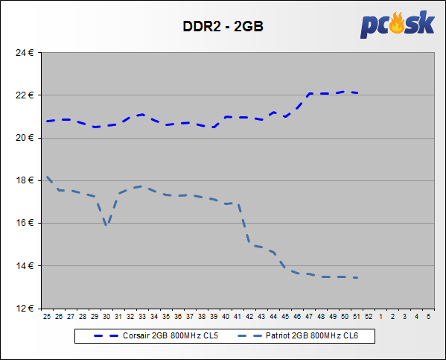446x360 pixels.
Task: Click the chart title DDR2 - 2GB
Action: point(223,26)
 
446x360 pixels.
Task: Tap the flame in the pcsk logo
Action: point(397,22)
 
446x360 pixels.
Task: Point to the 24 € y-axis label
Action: point(25,53)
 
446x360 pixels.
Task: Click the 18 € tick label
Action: point(25,180)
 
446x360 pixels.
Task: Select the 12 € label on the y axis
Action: point(25,308)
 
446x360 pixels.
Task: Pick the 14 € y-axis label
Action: point(25,266)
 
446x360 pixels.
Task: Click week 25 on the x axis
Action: point(47,317)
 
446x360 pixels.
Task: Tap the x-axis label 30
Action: point(106,317)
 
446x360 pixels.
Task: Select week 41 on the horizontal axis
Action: point(238,317)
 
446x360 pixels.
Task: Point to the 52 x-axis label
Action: point(369,317)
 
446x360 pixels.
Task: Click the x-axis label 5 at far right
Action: point(428,317)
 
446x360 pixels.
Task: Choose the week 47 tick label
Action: point(309,317)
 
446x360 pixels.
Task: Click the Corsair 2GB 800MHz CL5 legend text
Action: point(171,336)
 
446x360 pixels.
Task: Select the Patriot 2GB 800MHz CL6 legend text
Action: point(312,336)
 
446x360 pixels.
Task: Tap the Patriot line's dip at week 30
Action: point(106,224)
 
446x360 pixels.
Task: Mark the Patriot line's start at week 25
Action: point(47,177)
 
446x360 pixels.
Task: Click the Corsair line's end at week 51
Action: point(357,92)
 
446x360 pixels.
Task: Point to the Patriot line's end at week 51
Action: point(357,278)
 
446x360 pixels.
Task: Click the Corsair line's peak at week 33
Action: point(142,115)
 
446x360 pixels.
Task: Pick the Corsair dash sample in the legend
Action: point(106,336)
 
